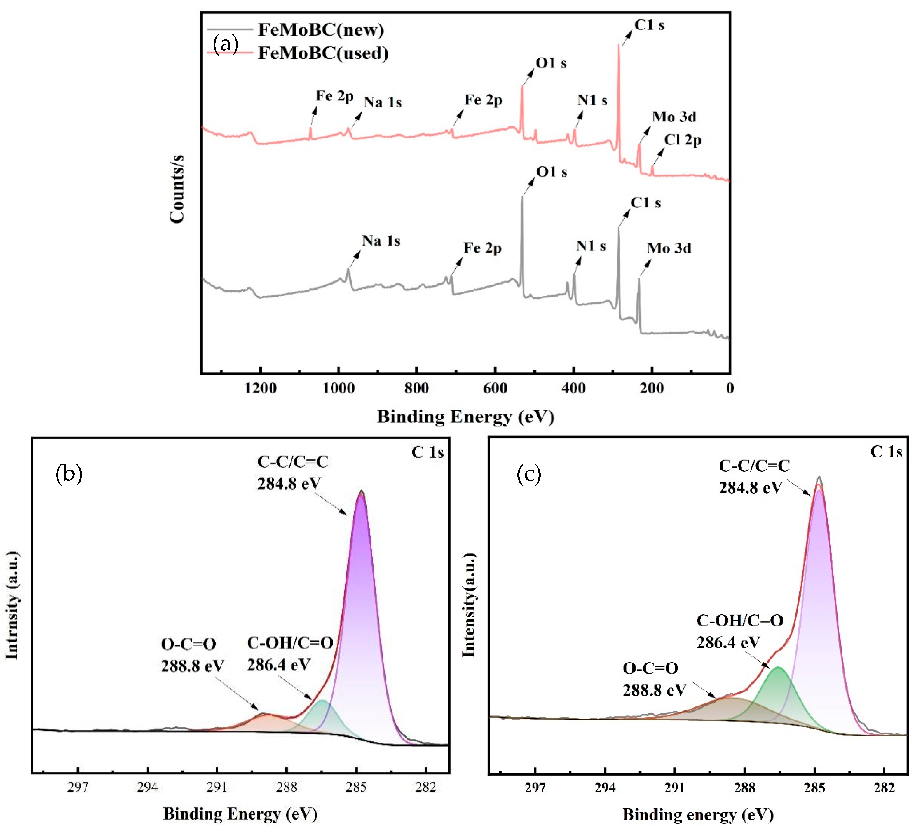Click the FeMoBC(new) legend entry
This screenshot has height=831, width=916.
click(321, 30)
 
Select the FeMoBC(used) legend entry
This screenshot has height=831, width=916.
click(323, 53)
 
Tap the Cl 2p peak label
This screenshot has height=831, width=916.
click(683, 140)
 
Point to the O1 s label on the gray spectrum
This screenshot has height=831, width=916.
click(552, 172)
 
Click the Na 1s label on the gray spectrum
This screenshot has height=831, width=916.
click(381, 241)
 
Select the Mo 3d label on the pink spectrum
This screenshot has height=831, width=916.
click(674, 117)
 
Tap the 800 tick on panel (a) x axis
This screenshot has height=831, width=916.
click(417, 388)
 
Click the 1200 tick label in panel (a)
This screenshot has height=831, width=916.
click(260, 388)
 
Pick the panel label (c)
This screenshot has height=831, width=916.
click(529, 475)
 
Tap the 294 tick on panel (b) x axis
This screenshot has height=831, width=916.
click(147, 787)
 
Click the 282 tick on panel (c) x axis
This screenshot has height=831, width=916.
click(884, 787)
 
